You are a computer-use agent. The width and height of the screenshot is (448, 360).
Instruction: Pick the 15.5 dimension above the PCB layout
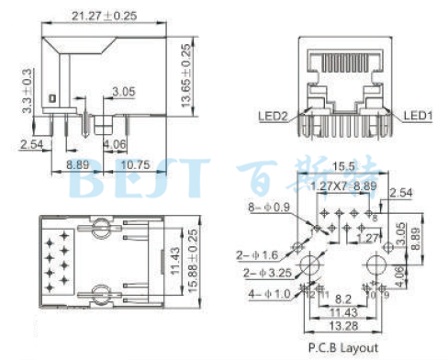tap(344, 165)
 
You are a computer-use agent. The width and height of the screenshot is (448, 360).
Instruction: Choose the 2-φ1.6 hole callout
tap(260, 254)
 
